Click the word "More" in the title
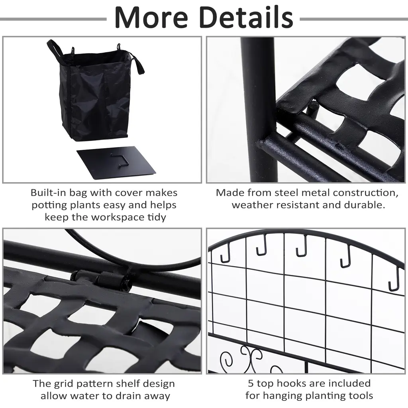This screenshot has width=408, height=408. point(151,17)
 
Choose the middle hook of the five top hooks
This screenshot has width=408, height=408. point(302,246)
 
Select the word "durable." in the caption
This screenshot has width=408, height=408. point(364,205)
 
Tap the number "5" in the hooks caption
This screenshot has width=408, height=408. point(251,384)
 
